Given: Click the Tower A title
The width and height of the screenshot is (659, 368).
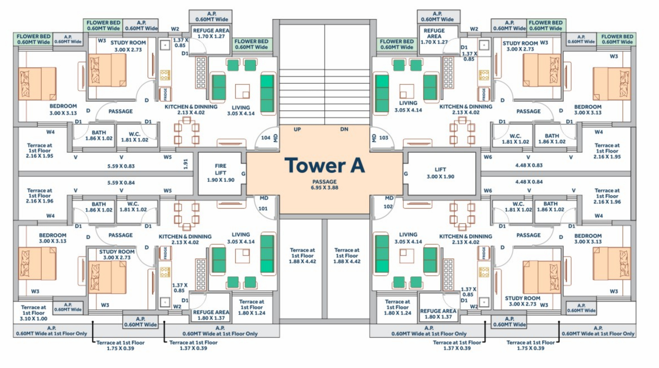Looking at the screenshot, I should (325, 165).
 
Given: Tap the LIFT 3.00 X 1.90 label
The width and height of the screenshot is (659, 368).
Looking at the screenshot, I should (440, 173).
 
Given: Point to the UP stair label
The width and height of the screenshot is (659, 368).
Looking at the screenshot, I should (297, 129).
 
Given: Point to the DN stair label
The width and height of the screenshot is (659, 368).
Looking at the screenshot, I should (344, 129).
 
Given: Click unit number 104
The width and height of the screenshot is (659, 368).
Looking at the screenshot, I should (266, 138).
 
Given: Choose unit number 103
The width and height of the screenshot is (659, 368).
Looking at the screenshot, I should (384, 138).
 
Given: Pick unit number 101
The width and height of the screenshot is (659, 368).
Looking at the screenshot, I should (263, 209).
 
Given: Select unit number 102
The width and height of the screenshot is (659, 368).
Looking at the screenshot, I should (388, 206).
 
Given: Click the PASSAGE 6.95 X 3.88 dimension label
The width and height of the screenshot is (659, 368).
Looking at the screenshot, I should (324, 185).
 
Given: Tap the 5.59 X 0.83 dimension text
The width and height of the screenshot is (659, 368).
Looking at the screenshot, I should (121, 166).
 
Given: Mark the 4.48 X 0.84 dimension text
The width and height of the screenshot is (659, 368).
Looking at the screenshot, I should (529, 182).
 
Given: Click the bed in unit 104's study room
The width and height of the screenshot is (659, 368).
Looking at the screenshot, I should (107, 70).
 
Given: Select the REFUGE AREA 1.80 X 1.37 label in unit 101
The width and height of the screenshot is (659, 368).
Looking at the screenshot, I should (211, 315).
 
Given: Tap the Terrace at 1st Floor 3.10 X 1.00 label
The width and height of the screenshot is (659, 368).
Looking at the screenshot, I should (33, 313).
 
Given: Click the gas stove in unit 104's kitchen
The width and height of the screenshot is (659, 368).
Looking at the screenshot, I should (165, 75).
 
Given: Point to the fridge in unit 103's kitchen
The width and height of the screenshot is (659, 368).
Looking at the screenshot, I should (484, 94).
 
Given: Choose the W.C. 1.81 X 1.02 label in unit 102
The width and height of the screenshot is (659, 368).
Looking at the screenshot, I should (518, 207).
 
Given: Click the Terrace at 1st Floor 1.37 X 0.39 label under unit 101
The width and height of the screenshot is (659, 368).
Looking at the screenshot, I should (193, 345).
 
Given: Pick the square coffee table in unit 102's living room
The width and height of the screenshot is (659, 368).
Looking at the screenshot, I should (407, 256).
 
